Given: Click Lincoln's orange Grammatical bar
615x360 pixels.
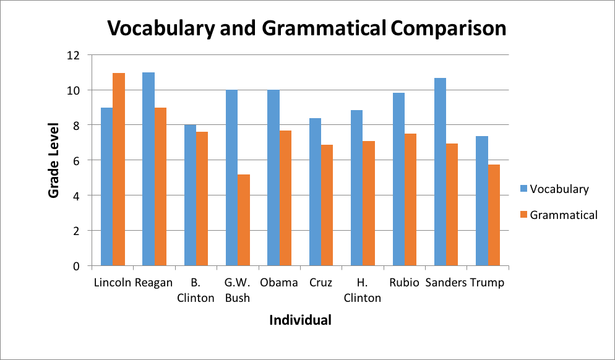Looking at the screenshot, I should point(119,169).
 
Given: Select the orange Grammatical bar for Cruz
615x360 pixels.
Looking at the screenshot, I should point(327,205).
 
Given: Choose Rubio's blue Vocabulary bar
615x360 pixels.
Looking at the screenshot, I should point(398,179).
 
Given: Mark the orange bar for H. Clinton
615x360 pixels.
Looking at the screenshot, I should point(369,204).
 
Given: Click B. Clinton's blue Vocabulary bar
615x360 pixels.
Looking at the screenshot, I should point(190,195).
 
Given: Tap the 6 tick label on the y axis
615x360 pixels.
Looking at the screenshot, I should point(76,161).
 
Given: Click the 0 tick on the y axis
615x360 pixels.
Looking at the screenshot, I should point(76,266).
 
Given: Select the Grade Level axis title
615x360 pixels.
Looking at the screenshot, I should point(54,160).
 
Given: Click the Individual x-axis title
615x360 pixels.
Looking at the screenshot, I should point(300,320).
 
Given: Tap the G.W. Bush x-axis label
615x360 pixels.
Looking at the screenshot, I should point(238,290).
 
